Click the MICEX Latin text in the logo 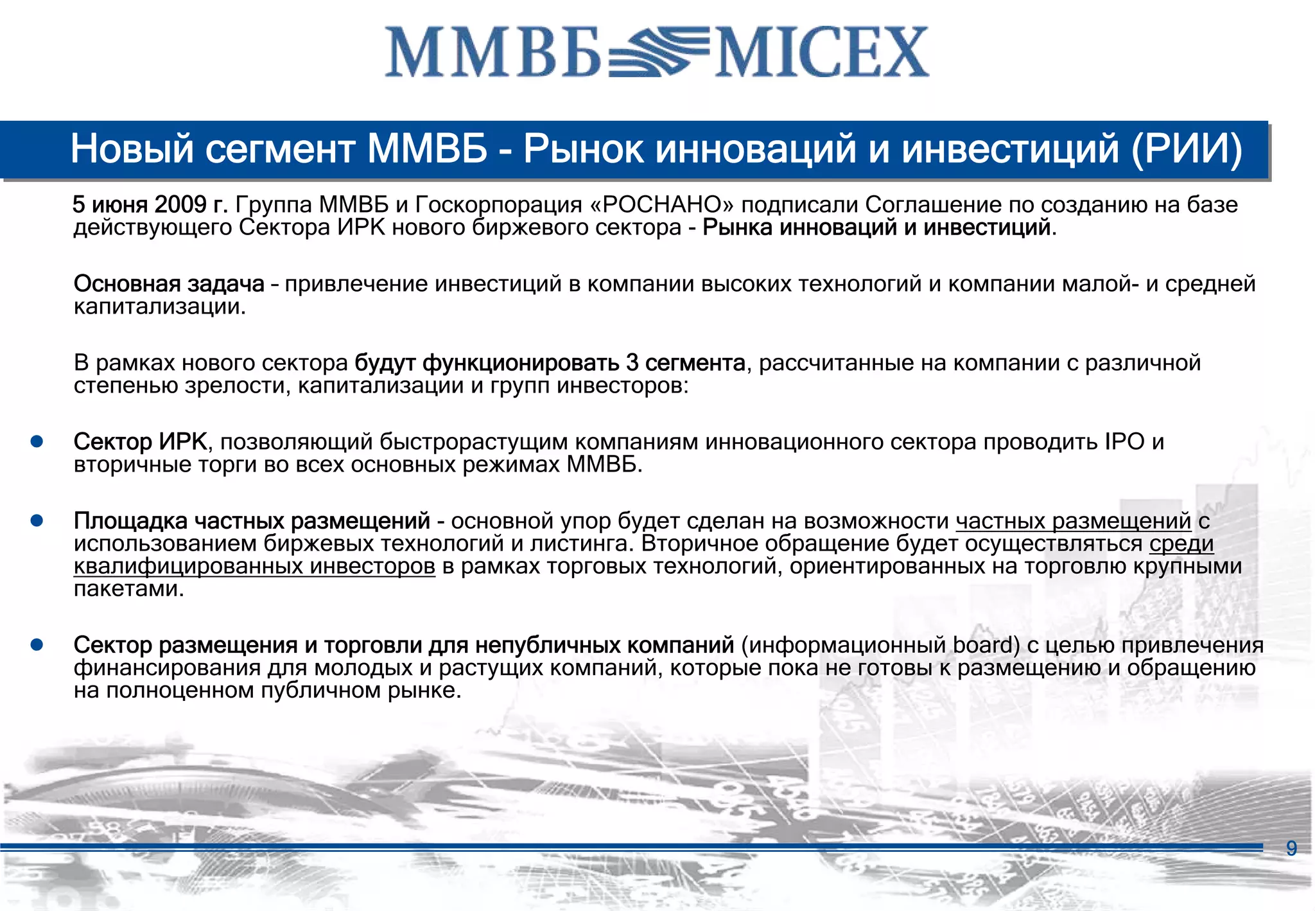(821, 53)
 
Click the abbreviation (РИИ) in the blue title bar (1187, 149)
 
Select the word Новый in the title (132, 149)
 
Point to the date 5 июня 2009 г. (150, 205)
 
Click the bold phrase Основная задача (169, 284)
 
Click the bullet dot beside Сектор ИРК (37, 441)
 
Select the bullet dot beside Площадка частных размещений (37, 520)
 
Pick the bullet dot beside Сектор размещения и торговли (37, 644)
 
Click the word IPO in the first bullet (1125, 442)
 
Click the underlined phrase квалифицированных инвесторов (254, 567)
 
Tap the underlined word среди (1181, 544)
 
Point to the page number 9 (1292, 848)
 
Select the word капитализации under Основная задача (159, 307)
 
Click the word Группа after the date (274, 205)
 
